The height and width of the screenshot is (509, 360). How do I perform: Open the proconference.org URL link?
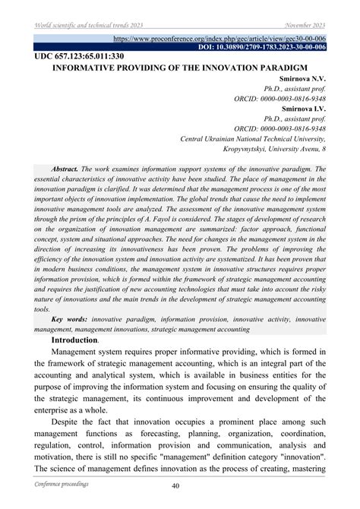[219, 37]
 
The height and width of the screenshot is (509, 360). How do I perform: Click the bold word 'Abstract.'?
[62, 169]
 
